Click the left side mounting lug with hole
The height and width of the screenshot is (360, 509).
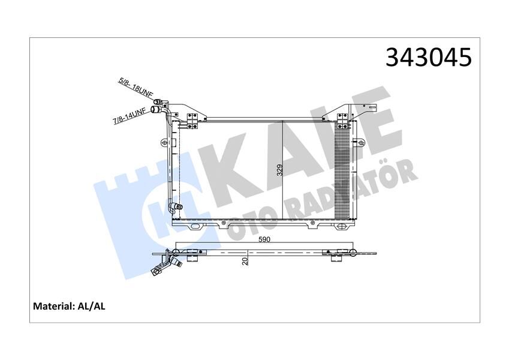tap(165, 142)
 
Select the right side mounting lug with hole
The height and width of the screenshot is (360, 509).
tap(361, 142)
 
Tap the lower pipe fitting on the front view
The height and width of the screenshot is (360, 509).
tap(176, 207)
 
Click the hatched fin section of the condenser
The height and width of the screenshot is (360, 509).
tap(345, 171)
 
